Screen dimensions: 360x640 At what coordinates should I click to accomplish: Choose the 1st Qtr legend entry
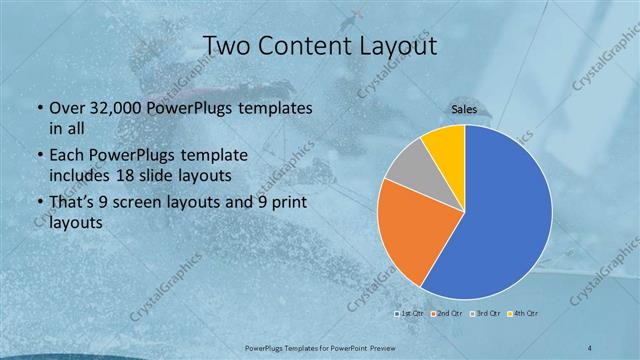click(410, 314)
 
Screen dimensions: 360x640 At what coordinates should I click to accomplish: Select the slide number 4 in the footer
click(590, 346)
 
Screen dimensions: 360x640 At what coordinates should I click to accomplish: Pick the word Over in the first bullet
click(66, 108)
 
